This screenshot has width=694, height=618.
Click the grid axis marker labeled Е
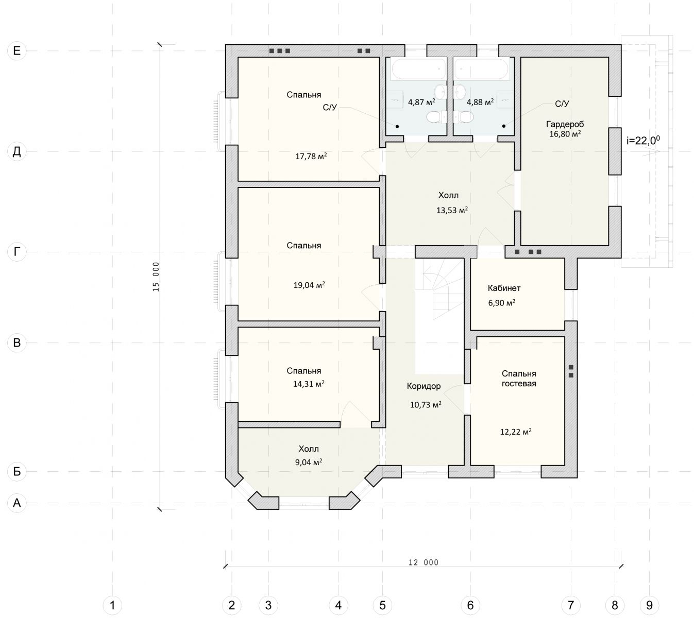(17, 50)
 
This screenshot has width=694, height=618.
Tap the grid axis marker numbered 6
(470, 605)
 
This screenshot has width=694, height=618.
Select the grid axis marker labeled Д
(17, 151)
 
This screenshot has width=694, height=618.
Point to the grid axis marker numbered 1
(112, 605)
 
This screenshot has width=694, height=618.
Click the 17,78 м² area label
(311, 156)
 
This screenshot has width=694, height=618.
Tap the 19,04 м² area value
(309, 284)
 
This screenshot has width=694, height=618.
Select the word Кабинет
(504, 288)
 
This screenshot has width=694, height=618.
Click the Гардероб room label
(565, 124)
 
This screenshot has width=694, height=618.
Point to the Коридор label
(424, 386)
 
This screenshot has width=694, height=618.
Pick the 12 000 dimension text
(424, 562)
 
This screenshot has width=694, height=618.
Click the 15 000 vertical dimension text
(156, 277)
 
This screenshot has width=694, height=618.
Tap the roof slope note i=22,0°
(643, 140)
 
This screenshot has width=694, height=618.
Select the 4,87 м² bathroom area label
(421, 101)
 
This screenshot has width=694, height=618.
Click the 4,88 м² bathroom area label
(480, 101)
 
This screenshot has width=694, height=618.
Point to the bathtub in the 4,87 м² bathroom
(418, 69)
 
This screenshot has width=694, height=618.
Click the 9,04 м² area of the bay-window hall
(308, 462)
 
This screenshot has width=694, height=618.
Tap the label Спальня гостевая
(519, 379)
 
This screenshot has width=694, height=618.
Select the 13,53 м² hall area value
(452, 210)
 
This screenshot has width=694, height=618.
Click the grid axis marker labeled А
(17, 503)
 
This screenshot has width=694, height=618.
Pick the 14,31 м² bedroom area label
(308, 384)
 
